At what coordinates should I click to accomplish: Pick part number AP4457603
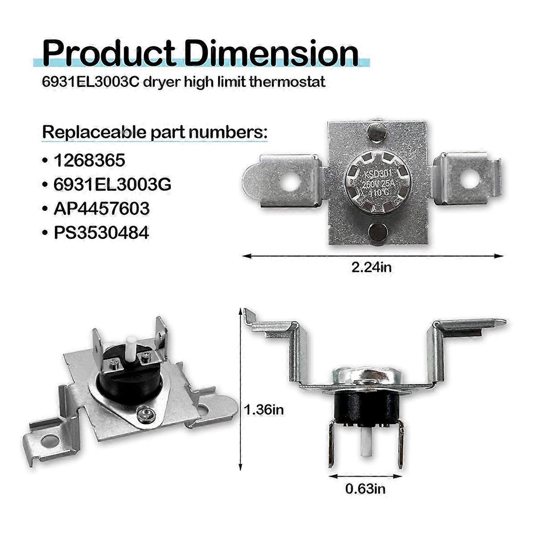(102, 208)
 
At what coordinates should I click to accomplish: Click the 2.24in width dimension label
(371, 267)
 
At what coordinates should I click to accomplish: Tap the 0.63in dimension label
(366, 489)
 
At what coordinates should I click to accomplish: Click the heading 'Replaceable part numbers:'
(155, 132)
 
